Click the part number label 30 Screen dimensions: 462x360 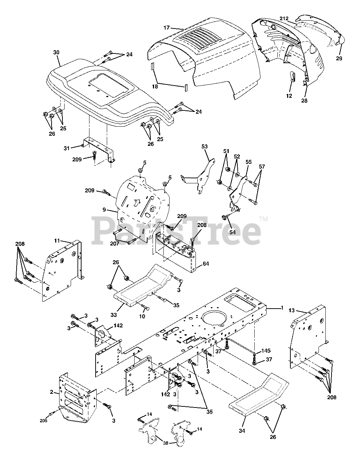[56, 53]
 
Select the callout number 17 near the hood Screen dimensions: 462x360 [167, 27]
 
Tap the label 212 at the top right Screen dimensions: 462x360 [284, 18]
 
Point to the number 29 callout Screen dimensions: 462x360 [339, 58]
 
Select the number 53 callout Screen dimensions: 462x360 [205, 147]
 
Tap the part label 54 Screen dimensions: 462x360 [233, 232]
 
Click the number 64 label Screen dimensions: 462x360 [206, 264]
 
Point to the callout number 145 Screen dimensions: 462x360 [266, 351]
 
